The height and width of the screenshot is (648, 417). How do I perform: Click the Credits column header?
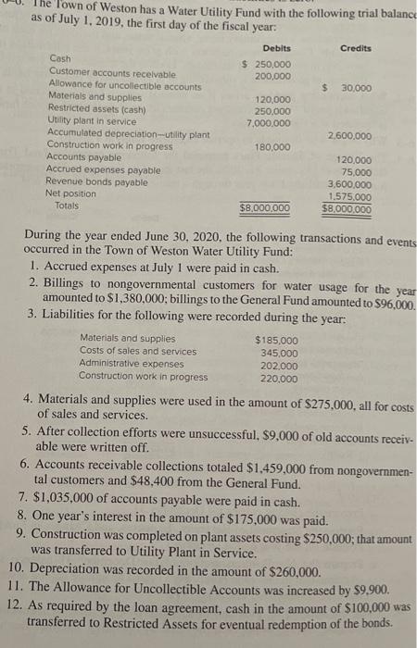[x=355, y=48]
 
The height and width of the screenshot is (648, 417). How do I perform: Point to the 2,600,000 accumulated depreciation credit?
[x=351, y=135]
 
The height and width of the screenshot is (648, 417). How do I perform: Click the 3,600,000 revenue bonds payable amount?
[x=351, y=184]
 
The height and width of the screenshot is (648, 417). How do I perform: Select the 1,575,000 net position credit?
[x=351, y=196]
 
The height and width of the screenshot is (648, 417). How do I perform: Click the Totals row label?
[x=68, y=206]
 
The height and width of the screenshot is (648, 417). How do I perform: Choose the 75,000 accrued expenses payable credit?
[x=356, y=171]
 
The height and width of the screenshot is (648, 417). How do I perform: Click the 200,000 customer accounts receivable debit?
[x=273, y=74]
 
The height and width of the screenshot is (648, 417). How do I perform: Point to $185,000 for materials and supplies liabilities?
[x=277, y=340]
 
